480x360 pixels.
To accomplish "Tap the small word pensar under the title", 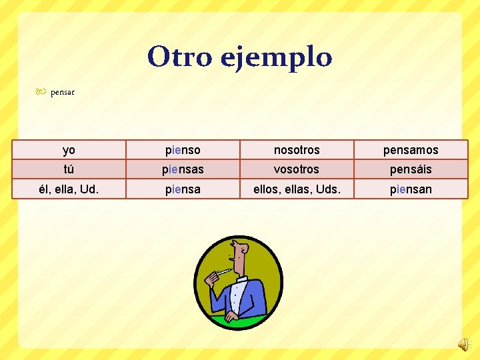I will click(63, 92).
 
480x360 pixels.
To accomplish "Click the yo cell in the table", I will click(69, 150).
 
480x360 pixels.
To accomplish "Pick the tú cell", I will click(69, 169).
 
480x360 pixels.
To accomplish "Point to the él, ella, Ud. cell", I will click(69, 189).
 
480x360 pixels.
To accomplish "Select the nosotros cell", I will click(297, 150).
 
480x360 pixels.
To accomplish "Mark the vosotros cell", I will click(297, 169).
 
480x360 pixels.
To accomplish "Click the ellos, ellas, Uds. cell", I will click(297, 189).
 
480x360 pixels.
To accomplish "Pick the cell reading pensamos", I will click(411, 150).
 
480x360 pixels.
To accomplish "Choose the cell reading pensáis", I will click(411, 169).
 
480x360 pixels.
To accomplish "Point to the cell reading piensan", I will click(411, 189).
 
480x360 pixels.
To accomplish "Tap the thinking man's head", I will click(239, 257).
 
